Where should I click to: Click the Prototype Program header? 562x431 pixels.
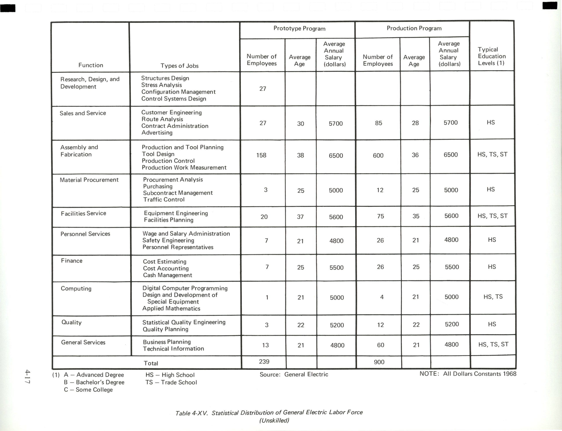coord(299,29)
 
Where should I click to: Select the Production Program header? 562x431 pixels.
coord(414,28)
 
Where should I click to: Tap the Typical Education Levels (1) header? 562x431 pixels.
coord(492,56)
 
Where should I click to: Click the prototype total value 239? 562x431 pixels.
coord(264,362)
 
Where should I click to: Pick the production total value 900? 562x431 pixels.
coord(379,362)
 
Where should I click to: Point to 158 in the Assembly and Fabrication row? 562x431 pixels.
coord(261,155)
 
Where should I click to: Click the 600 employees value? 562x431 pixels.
coord(378,155)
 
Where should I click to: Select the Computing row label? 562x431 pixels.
coord(76,289)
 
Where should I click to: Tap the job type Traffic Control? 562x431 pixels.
coord(164,200)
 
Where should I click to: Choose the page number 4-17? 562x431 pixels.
coord(27,377)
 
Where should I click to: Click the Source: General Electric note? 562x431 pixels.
coord(294,375)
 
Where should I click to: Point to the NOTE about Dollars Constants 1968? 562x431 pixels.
coord(468,374)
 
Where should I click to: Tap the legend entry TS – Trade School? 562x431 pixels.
coord(171,383)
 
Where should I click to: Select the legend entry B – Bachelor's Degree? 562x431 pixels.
coord(94,383)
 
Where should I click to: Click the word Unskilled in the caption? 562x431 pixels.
coord(274,420)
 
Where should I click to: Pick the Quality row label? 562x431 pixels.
coord(71,322)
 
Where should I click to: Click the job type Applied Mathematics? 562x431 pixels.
coord(171,309)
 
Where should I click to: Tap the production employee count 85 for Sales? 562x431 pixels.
coord(378,123)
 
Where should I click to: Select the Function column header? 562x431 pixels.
coord(91,65)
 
